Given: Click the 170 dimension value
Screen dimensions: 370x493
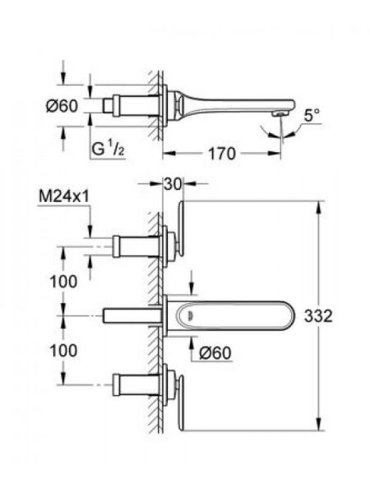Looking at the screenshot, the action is (221, 154).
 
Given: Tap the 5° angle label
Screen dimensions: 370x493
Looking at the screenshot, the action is (312, 116).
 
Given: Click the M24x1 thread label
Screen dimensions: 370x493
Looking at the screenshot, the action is (64, 197).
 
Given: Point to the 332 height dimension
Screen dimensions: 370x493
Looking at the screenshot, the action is (318, 316).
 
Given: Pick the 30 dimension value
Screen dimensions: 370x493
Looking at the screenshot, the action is (173, 184).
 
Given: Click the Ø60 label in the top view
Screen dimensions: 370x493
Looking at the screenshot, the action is (62, 106).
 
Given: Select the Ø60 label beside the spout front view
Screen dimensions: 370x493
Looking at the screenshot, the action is (215, 352).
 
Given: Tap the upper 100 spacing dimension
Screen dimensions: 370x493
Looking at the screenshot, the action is (63, 281).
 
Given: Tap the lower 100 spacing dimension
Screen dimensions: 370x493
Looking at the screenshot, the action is (63, 351).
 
